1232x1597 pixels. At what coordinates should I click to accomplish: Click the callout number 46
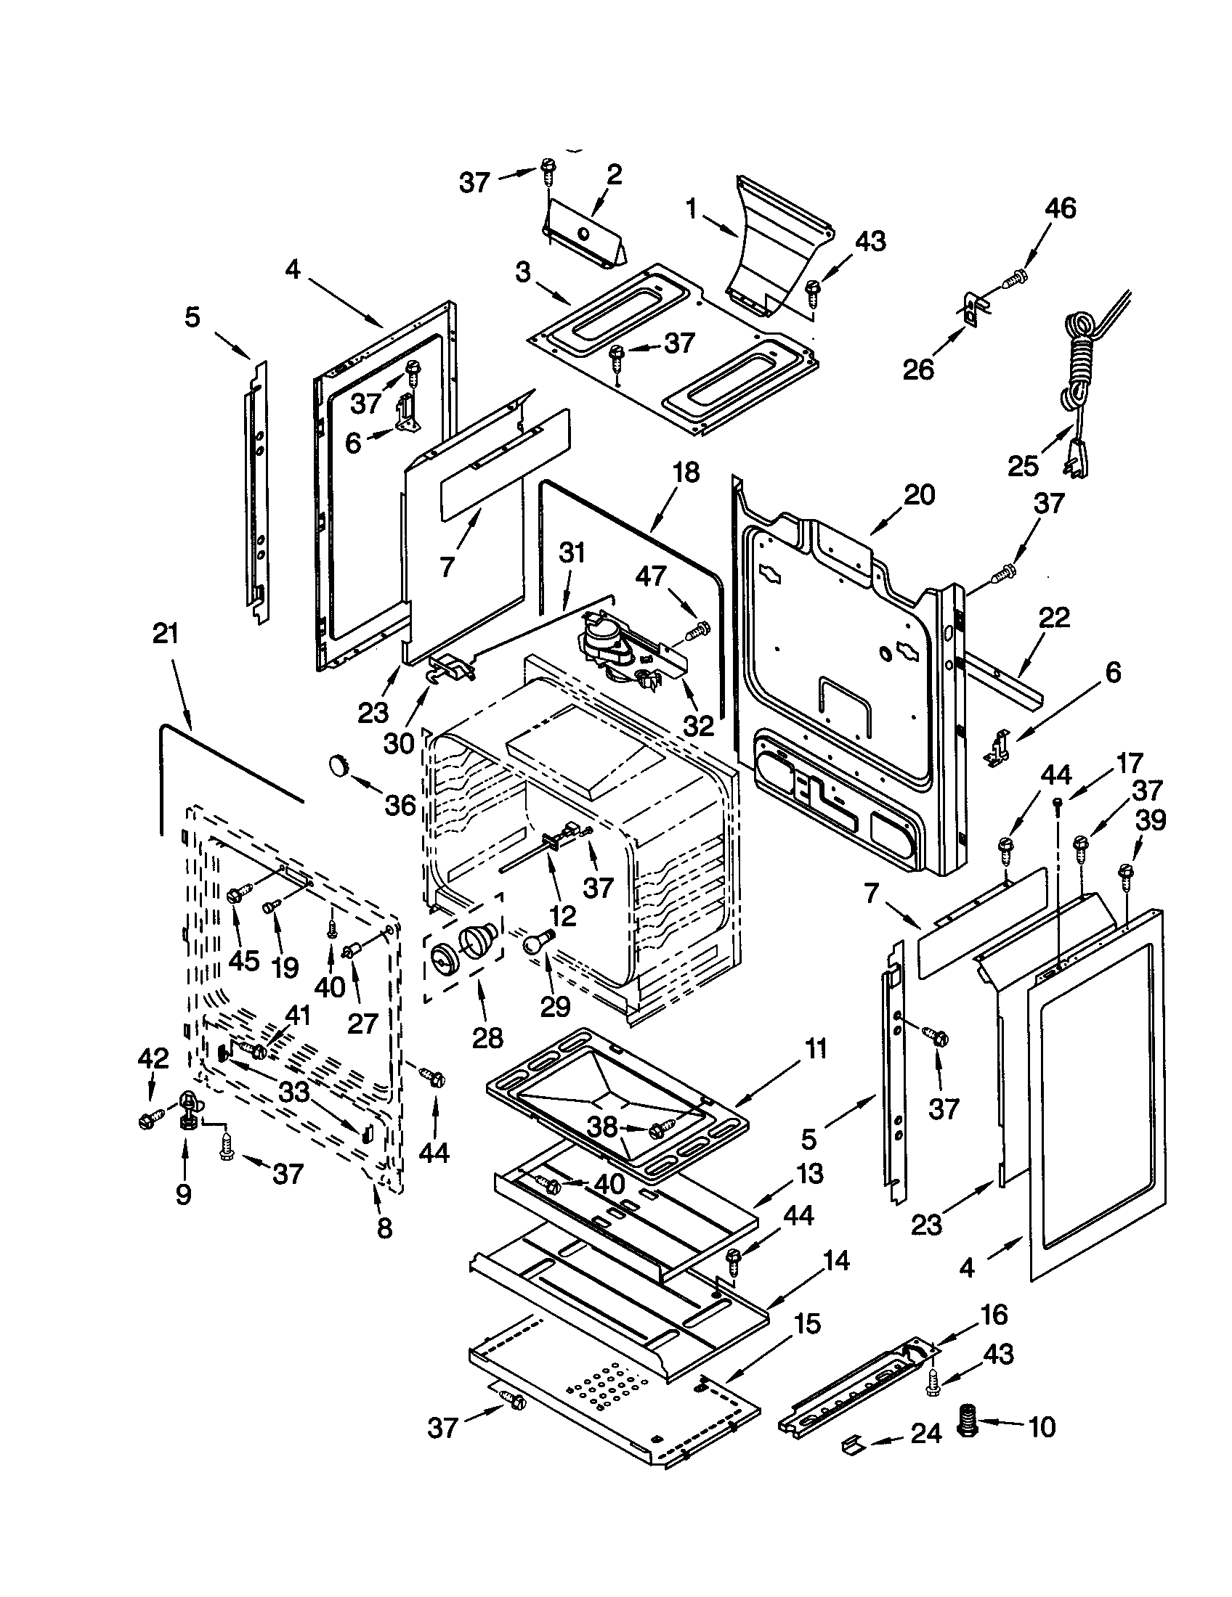click(x=1060, y=209)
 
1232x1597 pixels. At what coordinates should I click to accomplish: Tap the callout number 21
click(x=166, y=634)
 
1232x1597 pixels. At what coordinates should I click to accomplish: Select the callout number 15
click(x=806, y=1324)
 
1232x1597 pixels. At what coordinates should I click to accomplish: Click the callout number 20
click(x=919, y=495)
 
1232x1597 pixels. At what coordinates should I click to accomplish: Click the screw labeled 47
click(x=700, y=627)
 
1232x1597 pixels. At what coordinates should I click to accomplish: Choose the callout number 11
click(x=814, y=1050)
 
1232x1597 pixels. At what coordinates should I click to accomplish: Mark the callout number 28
click(x=487, y=1037)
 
